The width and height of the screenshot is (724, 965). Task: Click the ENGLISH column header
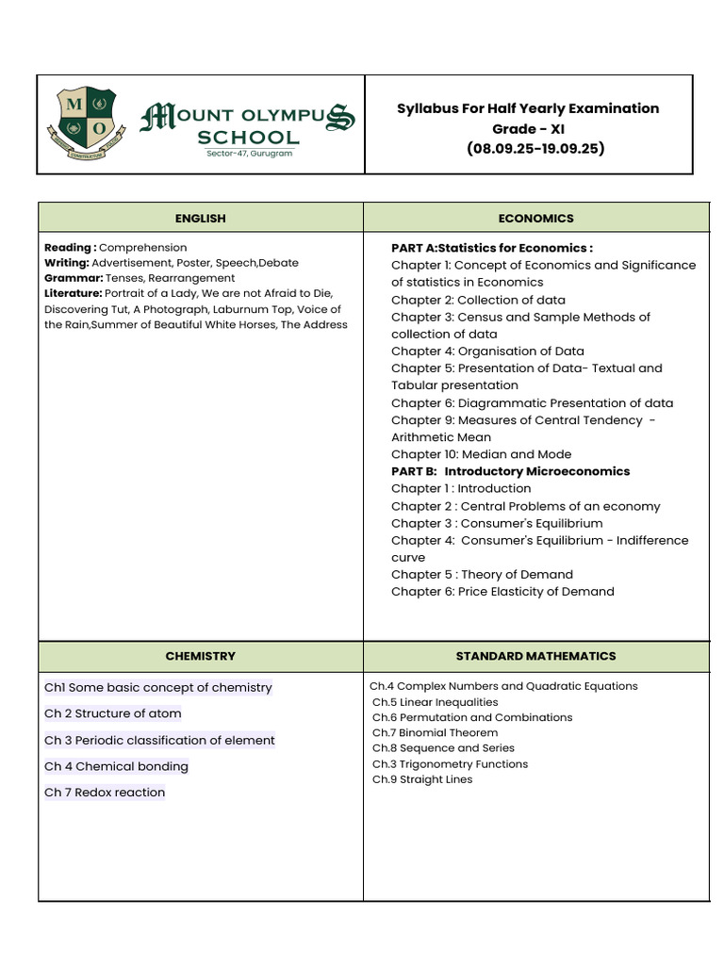(200, 218)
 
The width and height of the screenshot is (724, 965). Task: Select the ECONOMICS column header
(535, 218)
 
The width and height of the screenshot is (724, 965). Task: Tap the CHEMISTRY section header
(200, 656)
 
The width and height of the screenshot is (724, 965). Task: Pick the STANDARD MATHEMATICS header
(535, 656)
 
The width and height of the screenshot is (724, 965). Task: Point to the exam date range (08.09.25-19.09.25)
(535, 149)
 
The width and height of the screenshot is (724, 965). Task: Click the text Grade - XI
(528, 128)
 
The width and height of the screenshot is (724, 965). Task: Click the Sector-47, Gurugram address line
(250, 154)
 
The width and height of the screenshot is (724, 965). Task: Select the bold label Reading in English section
(69, 248)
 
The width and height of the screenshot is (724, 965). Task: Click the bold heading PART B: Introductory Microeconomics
(510, 471)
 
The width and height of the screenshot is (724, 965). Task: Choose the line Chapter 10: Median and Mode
(481, 454)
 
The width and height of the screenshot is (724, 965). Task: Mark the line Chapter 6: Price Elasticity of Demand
(502, 592)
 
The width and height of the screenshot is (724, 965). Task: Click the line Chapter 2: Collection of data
(478, 300)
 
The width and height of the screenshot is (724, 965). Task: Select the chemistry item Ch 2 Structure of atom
(113, 713)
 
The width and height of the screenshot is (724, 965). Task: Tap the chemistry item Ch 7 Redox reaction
(105, 793)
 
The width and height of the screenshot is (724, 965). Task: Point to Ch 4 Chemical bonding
(116, 766)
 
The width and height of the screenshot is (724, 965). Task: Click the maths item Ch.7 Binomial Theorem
(435, 732)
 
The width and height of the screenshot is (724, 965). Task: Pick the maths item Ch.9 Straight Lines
(422, 779)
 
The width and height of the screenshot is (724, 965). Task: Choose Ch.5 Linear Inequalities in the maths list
(435, 702)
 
